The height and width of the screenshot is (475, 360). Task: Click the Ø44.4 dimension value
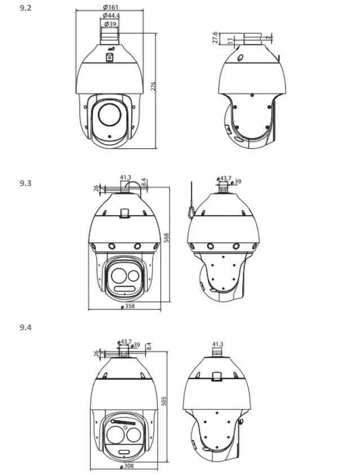[x=111, y=16]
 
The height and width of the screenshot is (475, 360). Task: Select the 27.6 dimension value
[x=215, y=37]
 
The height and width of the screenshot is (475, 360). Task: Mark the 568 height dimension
[x=167, y=239]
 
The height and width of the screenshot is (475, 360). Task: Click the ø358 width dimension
[x=128, y=307]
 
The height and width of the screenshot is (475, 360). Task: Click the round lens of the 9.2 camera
[x=109, y=115]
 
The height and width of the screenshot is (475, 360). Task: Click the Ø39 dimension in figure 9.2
[x=110, y=25]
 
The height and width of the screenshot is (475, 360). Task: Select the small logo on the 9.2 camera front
[x=110, y=57]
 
